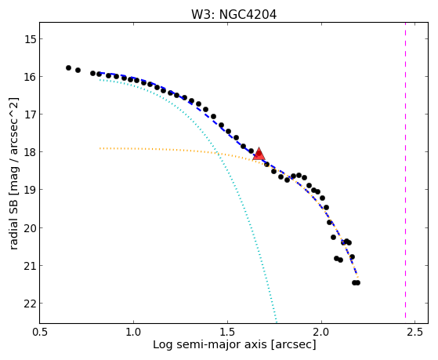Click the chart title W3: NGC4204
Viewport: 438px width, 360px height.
click(233, 15)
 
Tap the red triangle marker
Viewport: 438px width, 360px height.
click(259, 155)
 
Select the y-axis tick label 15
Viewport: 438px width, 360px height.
click(31, 39)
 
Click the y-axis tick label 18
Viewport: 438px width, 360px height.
click(31, 152)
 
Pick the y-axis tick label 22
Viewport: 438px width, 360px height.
click(31, 304)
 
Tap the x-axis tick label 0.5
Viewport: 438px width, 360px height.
click(40, 332)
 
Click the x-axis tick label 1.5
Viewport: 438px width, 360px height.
click(228, 332)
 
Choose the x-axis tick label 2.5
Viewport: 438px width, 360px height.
click(415, 332)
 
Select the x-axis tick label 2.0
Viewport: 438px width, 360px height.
click(321, 332)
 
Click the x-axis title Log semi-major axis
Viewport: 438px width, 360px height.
click(210, 345)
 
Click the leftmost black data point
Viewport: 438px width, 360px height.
click(68, 67)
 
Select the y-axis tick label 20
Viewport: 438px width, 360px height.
click(31, 228)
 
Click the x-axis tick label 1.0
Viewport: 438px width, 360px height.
click(134, 332)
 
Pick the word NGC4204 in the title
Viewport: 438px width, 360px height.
click(248, 15)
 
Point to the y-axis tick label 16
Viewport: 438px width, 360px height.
click(31, 77)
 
